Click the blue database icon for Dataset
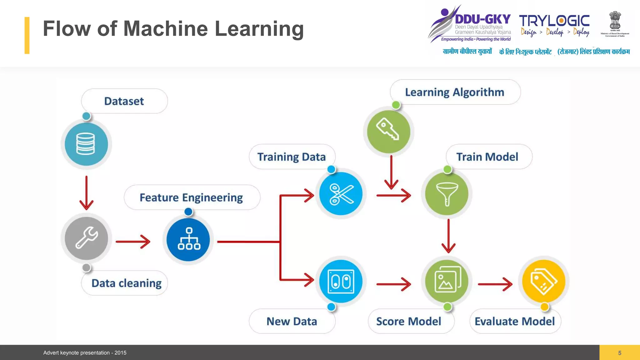point(86,144)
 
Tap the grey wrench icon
point(87,238)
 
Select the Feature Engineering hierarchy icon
point(188,239)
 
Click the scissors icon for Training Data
point(341,194)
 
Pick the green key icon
point(388,131)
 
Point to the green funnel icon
point(447,194)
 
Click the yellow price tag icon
point(544,281)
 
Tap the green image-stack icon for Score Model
point(447,281)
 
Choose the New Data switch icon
point(341,281)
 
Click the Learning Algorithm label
point(455,92)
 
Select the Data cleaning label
point(126,283)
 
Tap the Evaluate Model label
point(515,321)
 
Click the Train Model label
point(487,157)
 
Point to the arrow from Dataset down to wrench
point(87,192)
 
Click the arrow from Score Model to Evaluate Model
point(495,284)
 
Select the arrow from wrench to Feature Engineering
point(133,242)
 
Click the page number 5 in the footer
point(620,353)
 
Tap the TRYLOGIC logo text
point(554,21)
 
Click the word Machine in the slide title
point(166,29)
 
